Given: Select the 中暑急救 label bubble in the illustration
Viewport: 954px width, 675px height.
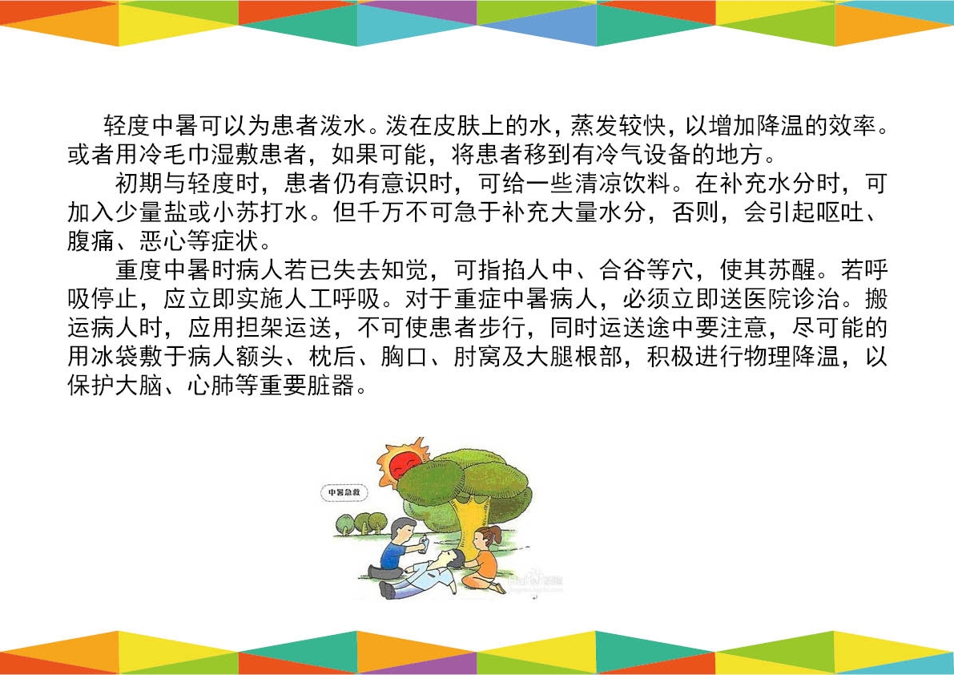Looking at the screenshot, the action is point(344,491).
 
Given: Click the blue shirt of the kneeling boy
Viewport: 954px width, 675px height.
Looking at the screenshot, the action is point(393,555).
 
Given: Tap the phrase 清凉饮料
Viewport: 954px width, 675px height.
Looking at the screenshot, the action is point(622,184).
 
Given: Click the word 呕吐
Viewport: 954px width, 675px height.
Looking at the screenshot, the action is point(839,212).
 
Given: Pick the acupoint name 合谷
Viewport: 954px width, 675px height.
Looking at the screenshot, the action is point(622,269).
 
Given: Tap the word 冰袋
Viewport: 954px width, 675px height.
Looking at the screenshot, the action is point(115,357).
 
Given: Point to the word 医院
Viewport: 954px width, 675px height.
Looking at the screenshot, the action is point(767,299).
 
